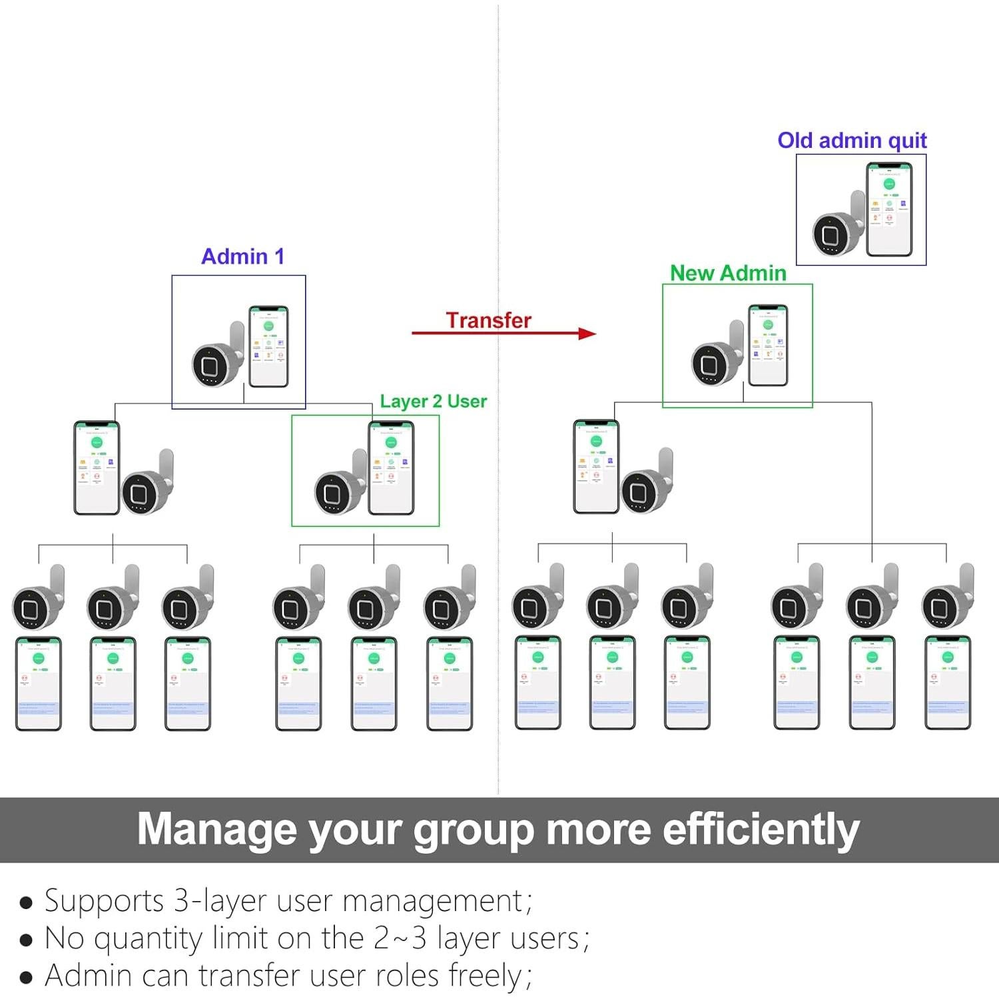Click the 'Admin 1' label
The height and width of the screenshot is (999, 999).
[x=242, y=256]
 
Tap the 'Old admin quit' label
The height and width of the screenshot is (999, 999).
[x=852, y=141]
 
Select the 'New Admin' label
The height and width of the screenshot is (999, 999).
[x=728, y=273]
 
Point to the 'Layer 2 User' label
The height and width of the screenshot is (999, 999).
[x=433, y=401]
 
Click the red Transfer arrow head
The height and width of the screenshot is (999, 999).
[x=587, y=333]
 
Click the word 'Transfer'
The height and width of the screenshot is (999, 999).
[x=488, y=320]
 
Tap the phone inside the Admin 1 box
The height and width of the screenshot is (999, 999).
[x=268, y=346]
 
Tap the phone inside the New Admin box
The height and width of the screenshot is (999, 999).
[x=768, y=345]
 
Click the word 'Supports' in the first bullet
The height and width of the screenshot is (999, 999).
[x=104, y=901]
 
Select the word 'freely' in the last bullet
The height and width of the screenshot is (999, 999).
[x=486, y=976]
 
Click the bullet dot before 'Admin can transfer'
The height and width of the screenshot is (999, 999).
[x=26, y=978]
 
